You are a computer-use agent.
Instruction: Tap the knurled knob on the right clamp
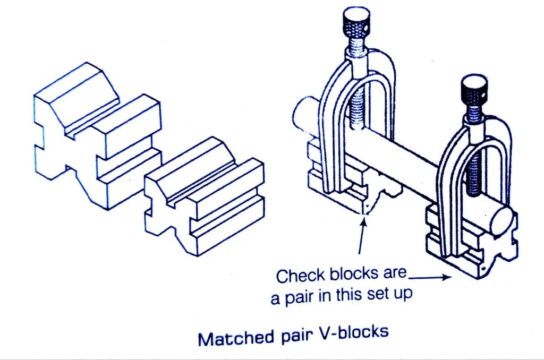pyautogui.click(x=474, y=89)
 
